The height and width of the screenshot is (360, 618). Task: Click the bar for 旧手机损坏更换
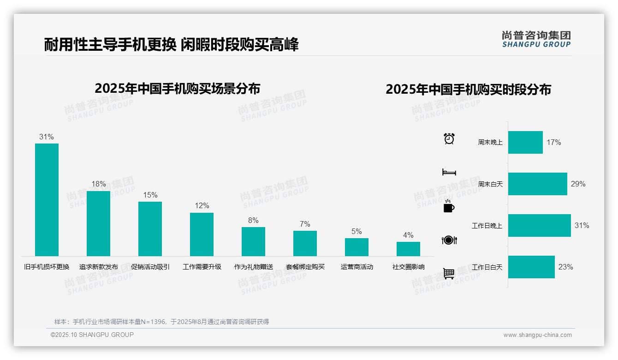[x=47, y=199]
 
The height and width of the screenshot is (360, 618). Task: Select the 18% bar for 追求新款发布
[x=98, y=223]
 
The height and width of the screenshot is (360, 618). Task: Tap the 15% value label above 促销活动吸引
[x=150, y=195]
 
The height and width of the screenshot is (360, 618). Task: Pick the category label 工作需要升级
[x=202, y=267]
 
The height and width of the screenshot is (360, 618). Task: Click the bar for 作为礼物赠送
[x=253, y=241]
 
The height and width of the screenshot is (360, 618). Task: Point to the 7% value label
[x=305, y=224]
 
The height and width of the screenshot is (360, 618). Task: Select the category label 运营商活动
[x=357, y=267]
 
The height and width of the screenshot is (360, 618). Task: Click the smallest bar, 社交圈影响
[x=408, y=249]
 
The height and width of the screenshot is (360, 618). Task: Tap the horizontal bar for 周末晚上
[x=525, y=142]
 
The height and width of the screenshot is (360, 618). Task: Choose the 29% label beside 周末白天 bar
[x=578, y=184]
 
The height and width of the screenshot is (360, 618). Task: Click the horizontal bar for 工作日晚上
[x=539, y=225]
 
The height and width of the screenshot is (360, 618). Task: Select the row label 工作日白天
[x=487, y=267]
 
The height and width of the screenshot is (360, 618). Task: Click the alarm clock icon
[x=449, y=138]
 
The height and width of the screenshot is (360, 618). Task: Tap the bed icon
[x=449, y=172]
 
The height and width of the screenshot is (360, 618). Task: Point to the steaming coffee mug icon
[x=449, y=206]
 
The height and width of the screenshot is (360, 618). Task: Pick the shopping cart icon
[x=449, y=274]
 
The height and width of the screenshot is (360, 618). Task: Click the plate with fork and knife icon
[x=449, y=240]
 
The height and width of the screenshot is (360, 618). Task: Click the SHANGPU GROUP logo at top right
[x=536, y=39]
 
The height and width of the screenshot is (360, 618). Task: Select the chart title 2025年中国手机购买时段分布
[x=468, y=89]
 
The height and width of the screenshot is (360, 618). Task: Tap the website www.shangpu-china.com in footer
[x=537, y=335]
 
